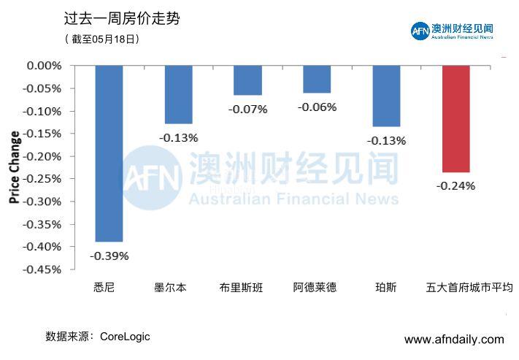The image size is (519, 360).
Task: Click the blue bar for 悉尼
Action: point(109,153)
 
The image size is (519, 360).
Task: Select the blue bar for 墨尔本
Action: point(178,94)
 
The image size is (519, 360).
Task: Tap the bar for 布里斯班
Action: point(247,80)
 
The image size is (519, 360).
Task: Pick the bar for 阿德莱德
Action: point(317,79)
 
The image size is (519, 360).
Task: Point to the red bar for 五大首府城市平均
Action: point(455,118)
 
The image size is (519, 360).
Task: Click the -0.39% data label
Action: point(109,256)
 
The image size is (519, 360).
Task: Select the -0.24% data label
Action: point(455,185)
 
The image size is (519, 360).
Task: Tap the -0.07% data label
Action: point(247,110)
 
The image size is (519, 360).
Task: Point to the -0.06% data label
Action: point(317,107)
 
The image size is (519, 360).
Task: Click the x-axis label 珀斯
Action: point(386,288)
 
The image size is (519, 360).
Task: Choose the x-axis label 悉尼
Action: point(104,288)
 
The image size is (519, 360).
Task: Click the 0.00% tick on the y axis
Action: point(44,66)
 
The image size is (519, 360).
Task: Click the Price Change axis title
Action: point(14,167)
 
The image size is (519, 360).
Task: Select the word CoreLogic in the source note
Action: point(125,337)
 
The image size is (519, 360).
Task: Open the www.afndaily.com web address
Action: point(454,340)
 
